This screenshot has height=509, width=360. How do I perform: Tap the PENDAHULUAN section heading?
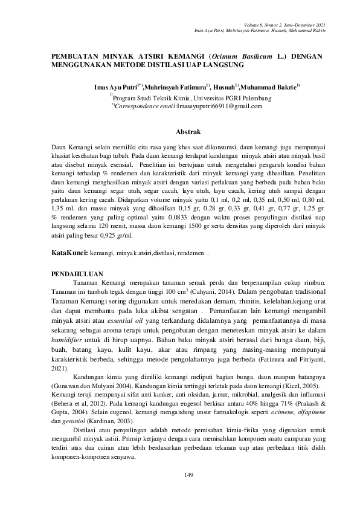click(77, 273)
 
